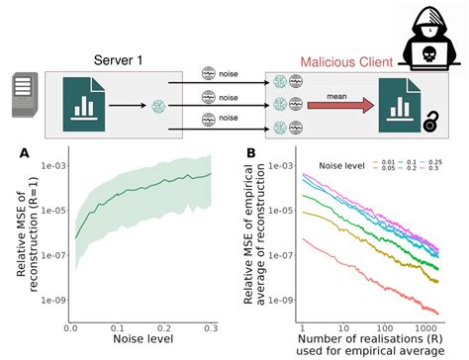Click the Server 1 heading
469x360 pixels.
[x=118, y=60]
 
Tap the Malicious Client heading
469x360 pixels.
[x=346, y=62]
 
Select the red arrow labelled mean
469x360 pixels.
[x=340, y=106]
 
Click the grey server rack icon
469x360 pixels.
[x=25, y=95]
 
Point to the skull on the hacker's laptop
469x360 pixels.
[x=428, y=53]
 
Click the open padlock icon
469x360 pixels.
[x=431, y=123]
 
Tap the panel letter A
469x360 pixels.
[x=24, y=153]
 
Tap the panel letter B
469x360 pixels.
[x=251, y=153]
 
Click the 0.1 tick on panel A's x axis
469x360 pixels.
[x=117, y=328]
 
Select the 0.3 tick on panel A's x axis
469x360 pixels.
[x=211, y=328]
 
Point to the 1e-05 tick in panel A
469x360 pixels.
[x=52, y=211]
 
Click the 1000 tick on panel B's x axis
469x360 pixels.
[x=425, y=328]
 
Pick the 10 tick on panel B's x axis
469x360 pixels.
[x=343, y=328]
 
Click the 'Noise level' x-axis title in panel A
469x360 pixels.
[x=143, y=339]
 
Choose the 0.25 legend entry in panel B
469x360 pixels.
[x=431, y=162]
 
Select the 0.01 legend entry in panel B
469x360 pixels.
[x=384, y=162]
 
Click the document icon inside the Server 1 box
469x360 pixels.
[x=84, y=105]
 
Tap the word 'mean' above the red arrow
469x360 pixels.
[x=336, y=97]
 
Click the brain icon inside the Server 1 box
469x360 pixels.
[x=158, y=106]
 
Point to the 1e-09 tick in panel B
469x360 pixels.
[x=280, y=300]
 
